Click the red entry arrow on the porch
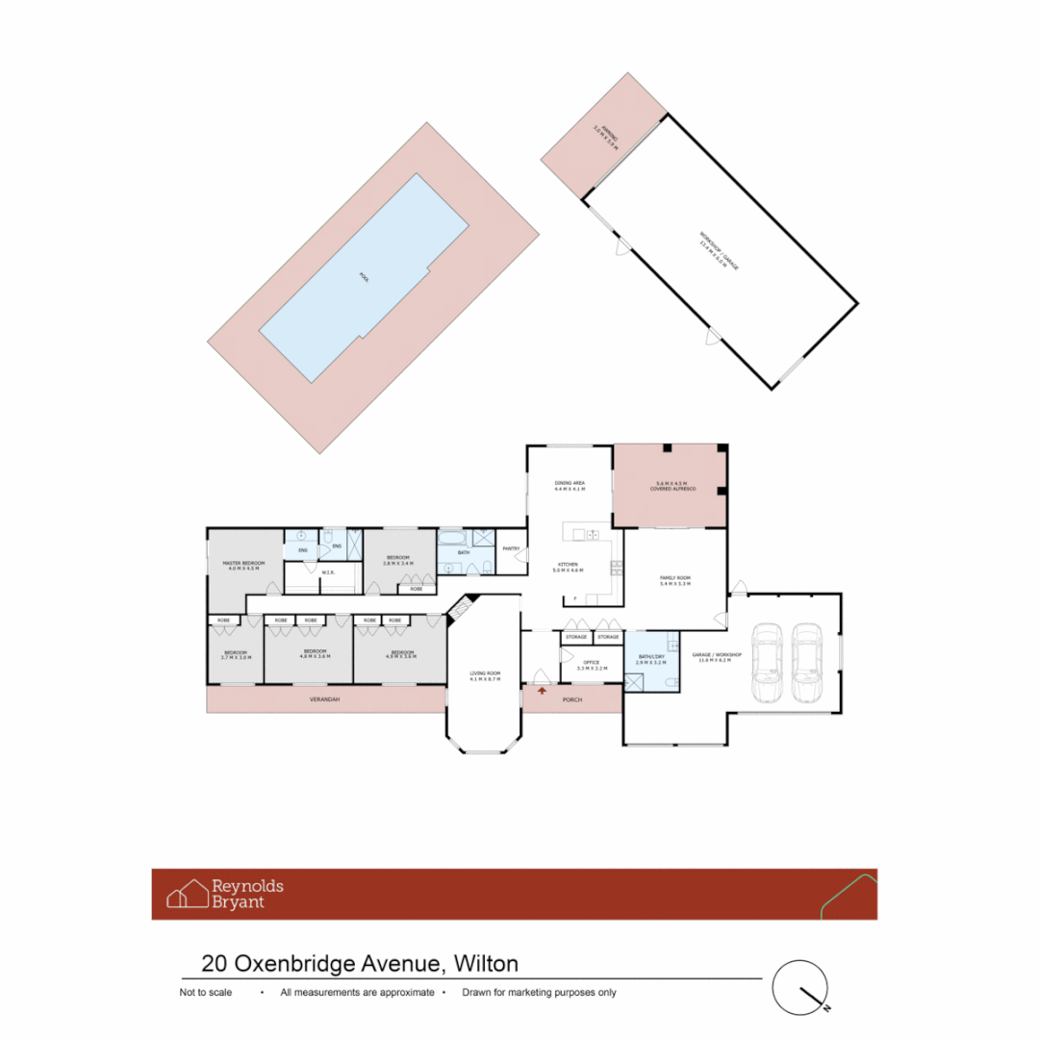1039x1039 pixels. (x=543, y=690)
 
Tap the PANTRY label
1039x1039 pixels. (x=511, y=549)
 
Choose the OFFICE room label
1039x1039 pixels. (x=593, y=663)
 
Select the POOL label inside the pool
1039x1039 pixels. (x=364, y=277)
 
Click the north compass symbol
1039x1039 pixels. (x=801, y=987)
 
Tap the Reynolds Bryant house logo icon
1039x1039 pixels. (x=188, y=893)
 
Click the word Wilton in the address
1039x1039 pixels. (x=486, y=963)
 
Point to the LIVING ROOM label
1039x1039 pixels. (x=485, y=674)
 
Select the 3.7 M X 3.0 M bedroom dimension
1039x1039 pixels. (x=237, y=657)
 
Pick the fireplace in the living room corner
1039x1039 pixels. (x=461, y=609)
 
